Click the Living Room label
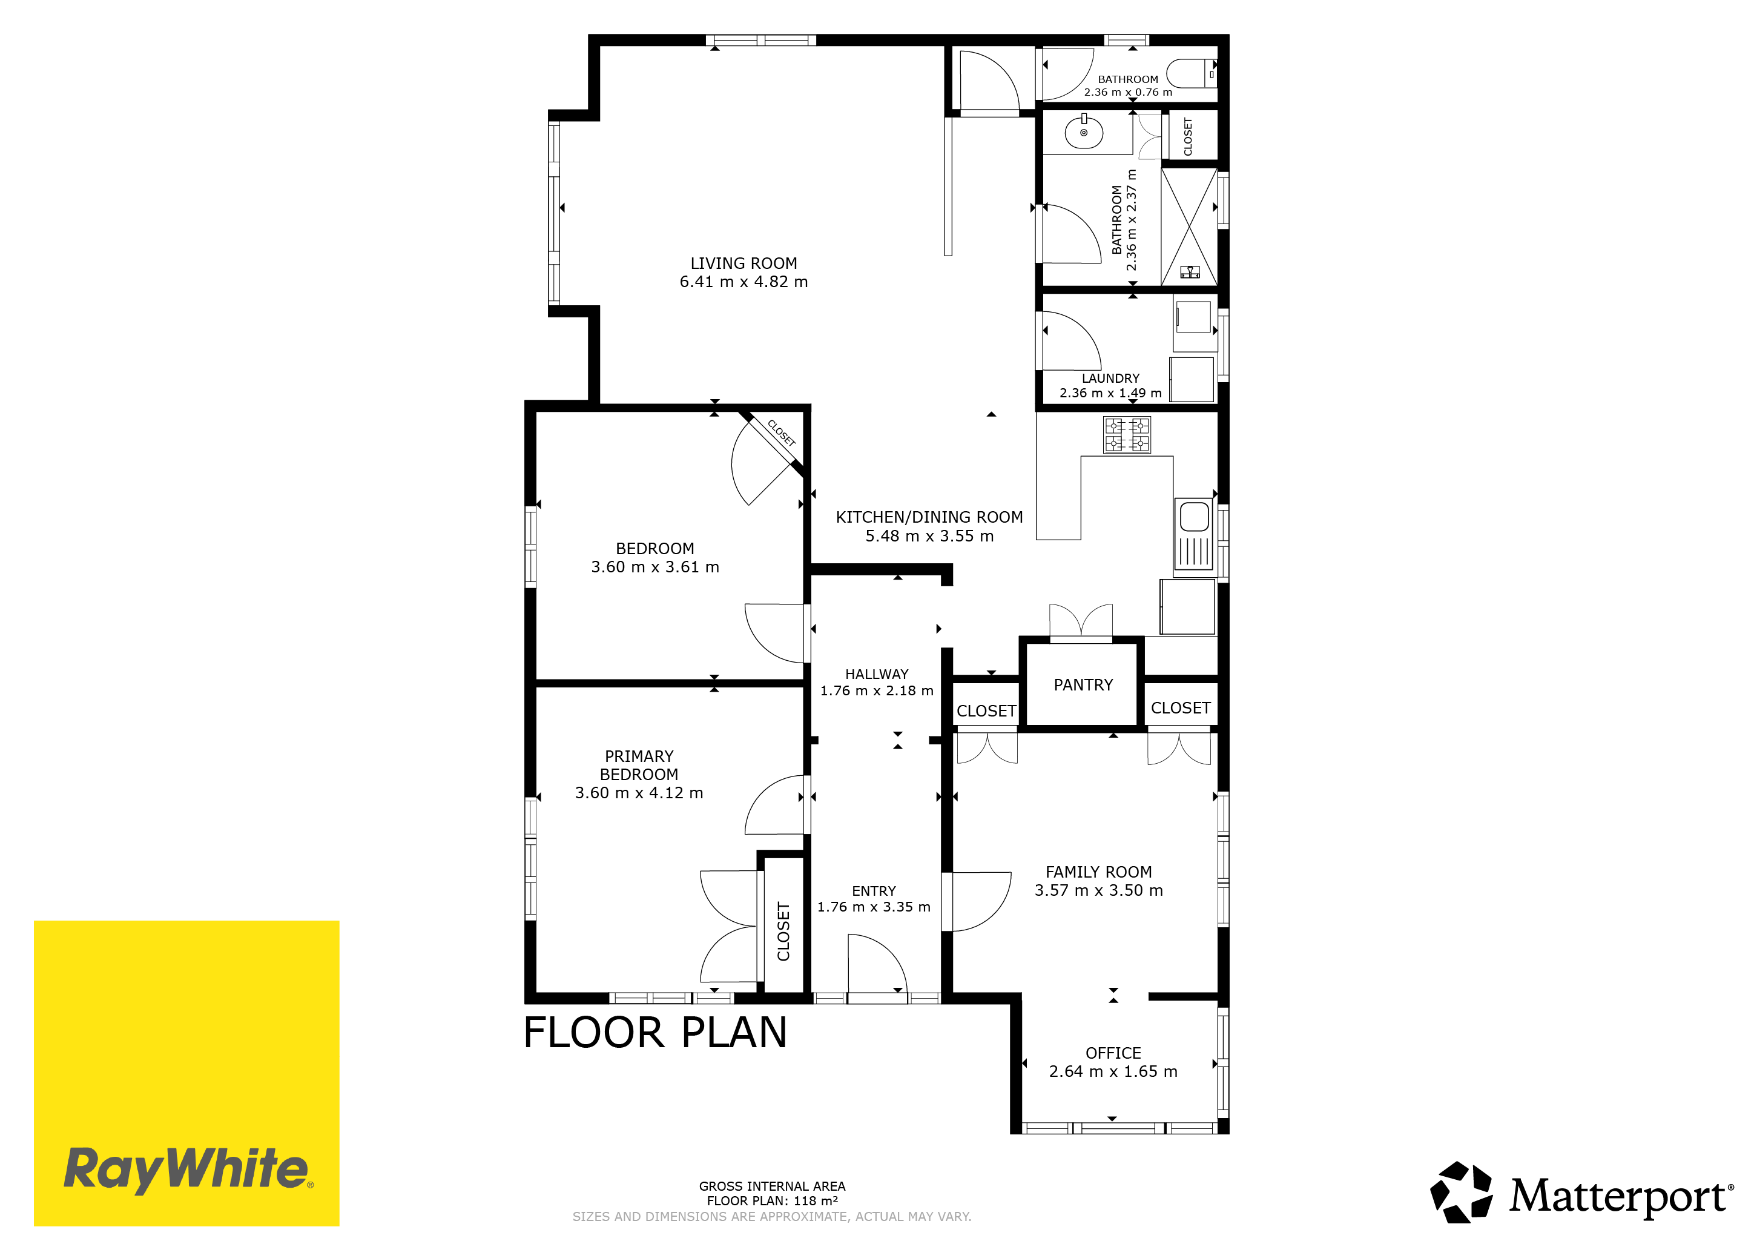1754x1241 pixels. (743, 263)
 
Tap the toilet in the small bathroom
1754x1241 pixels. (1191, 73)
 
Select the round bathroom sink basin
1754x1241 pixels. (1083, 133)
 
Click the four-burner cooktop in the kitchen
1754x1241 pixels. (1127, 435)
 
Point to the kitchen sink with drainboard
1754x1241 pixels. (1194, 534)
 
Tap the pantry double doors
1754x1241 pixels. (1081, 620)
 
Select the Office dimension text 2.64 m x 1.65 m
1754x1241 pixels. (1113, 1071)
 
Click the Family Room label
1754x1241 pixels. (1098, 872)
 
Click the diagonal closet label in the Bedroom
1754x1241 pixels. (782, 433)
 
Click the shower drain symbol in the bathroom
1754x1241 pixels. (1190, 271)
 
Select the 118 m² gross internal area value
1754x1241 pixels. (815, 1200)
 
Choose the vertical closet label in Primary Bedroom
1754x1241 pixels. (783, 932)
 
